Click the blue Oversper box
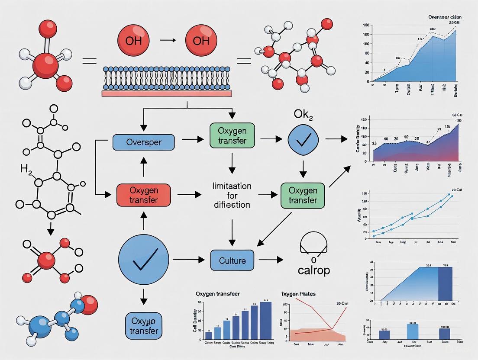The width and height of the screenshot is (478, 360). click(143, 142)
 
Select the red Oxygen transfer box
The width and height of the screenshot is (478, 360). click(143, 195)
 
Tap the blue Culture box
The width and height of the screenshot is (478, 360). click(233, 260)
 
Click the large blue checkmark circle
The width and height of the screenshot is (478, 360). click(143, 260)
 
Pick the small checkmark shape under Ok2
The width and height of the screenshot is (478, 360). click(303, 139)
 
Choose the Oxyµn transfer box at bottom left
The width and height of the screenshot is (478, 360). click(143, 326)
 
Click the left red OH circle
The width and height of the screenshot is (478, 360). click(133, 41)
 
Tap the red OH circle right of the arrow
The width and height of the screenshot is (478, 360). click(201, 41)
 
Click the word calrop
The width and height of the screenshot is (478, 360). click(314, 270)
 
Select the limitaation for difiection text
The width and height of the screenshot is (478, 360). click(232, 195)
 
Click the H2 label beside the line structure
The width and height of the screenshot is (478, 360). click(26, 168)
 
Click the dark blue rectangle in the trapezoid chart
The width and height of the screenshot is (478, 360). click(445, 284)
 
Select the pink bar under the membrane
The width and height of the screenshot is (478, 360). click(167, 93)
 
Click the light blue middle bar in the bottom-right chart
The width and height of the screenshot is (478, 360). click(413, 331)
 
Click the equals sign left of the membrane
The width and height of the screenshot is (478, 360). click(89, 61)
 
